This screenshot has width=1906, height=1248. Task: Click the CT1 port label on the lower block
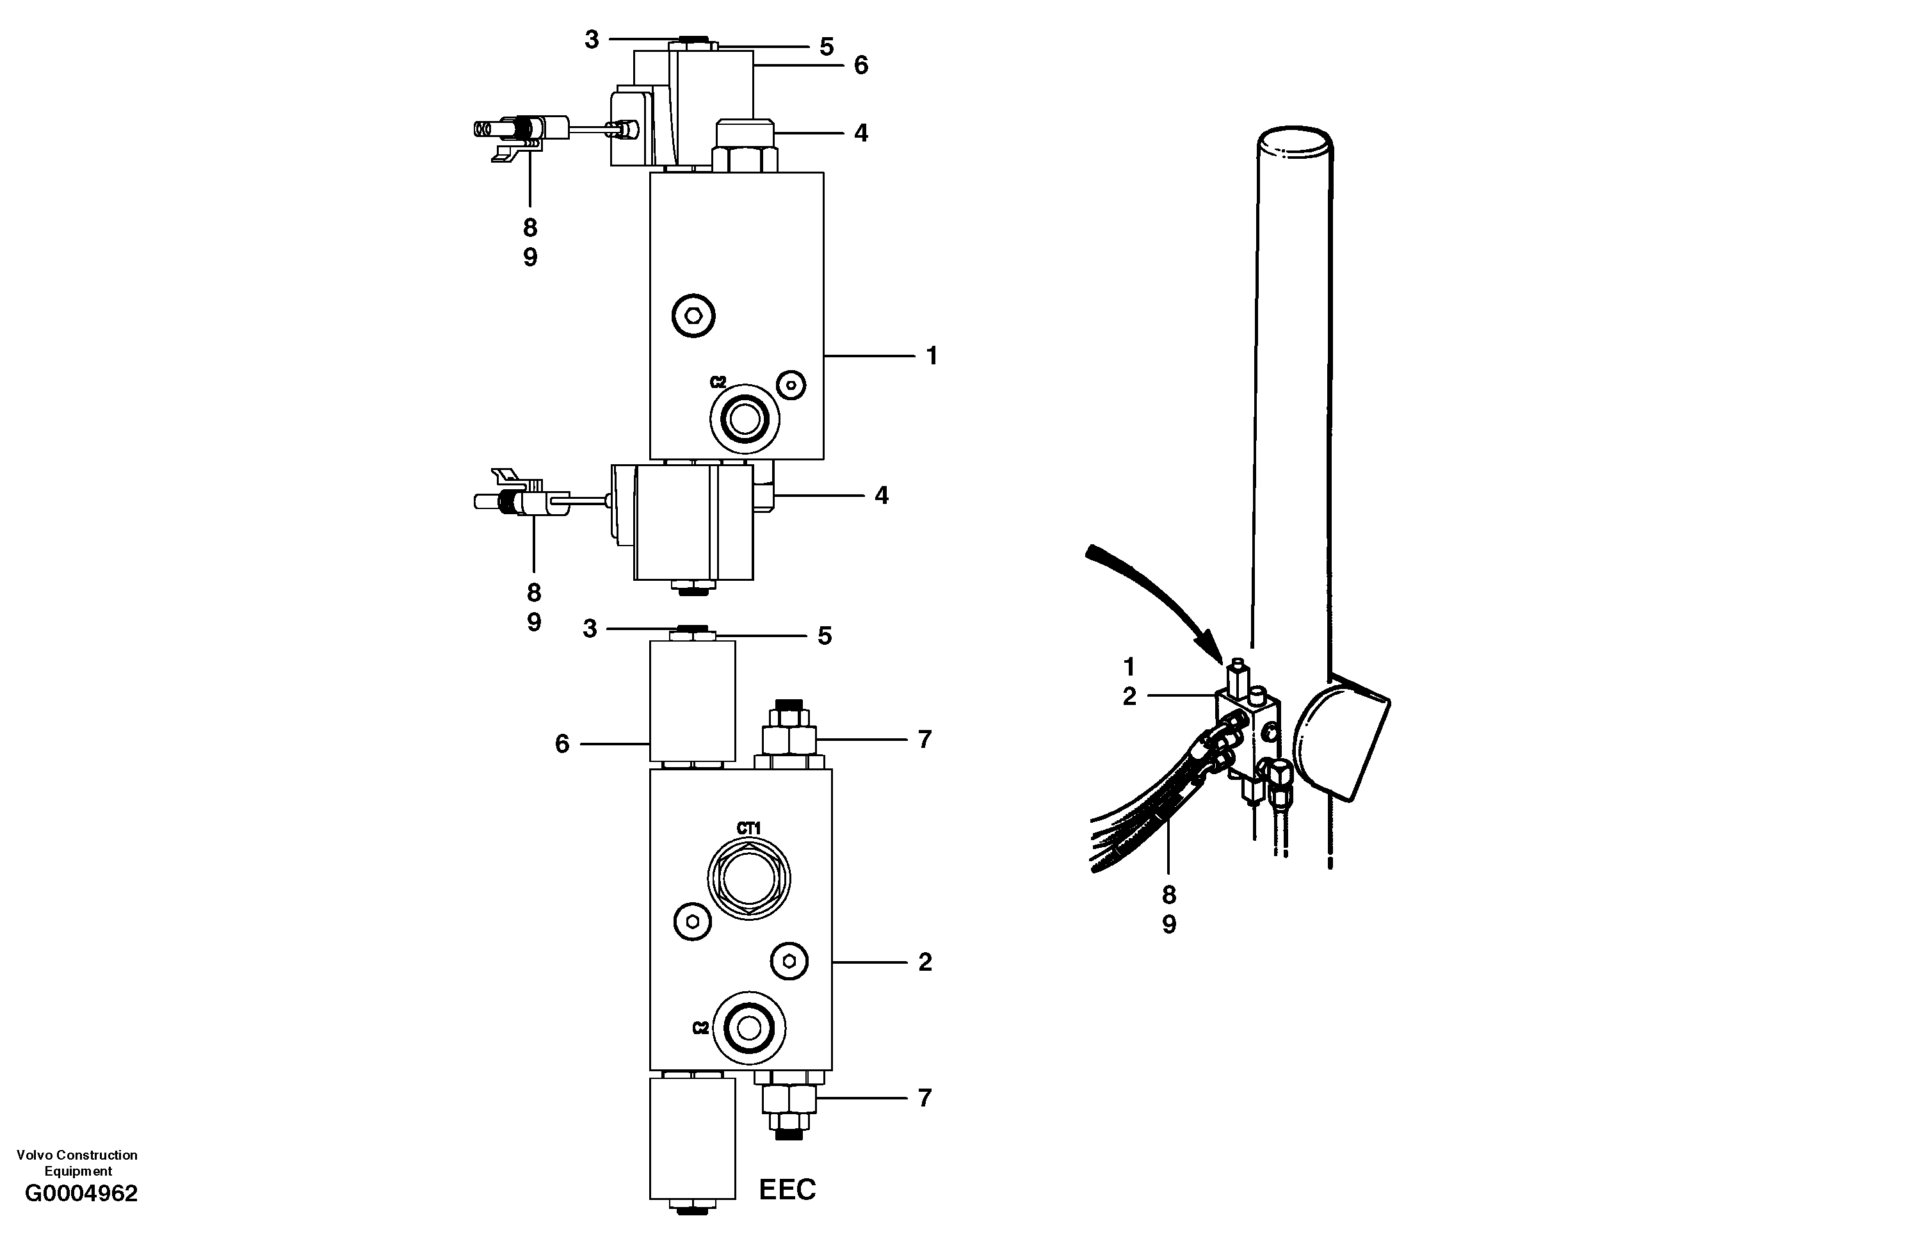(x=749, y=828)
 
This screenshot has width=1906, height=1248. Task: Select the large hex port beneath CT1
(x=749, y=877)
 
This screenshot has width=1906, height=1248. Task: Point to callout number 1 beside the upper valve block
(x=932, y=355)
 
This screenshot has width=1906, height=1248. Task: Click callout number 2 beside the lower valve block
(x=925, y=962)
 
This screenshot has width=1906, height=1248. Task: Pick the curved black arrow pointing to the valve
(x=1153, y=593)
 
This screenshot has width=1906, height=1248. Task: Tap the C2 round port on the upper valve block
(x=745, y=418)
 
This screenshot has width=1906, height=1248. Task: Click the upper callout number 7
(x=925, y=740)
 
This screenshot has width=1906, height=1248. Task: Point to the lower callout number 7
(x=925, y=1098)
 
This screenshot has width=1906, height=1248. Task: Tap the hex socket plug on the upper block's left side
(x=693, y=316)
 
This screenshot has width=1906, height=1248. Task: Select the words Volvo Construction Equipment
(x=77, y=1162)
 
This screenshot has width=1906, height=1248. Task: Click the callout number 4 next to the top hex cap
(x=861, y=133)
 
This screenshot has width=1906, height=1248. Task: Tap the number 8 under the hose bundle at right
(x=1169, y=894)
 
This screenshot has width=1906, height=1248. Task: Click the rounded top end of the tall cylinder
(x=1293, y=147)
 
